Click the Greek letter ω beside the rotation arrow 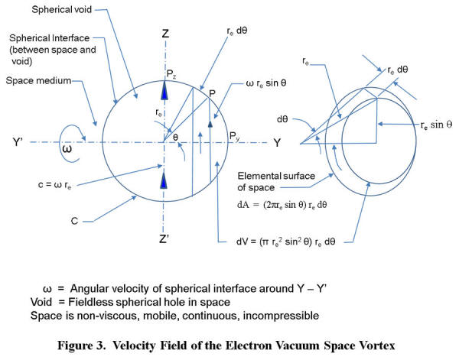tap(67, 148)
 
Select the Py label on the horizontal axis tap(234, 136)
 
